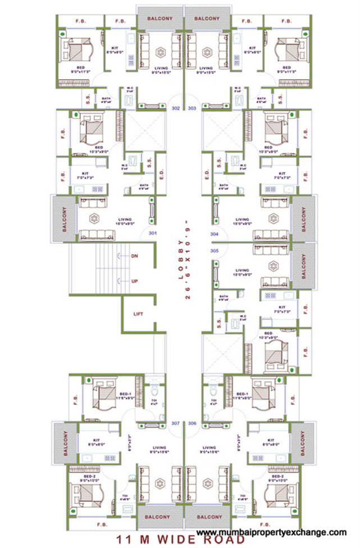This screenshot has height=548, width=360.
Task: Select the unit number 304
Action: (213, 233)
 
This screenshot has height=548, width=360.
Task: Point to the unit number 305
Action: (213, 251)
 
